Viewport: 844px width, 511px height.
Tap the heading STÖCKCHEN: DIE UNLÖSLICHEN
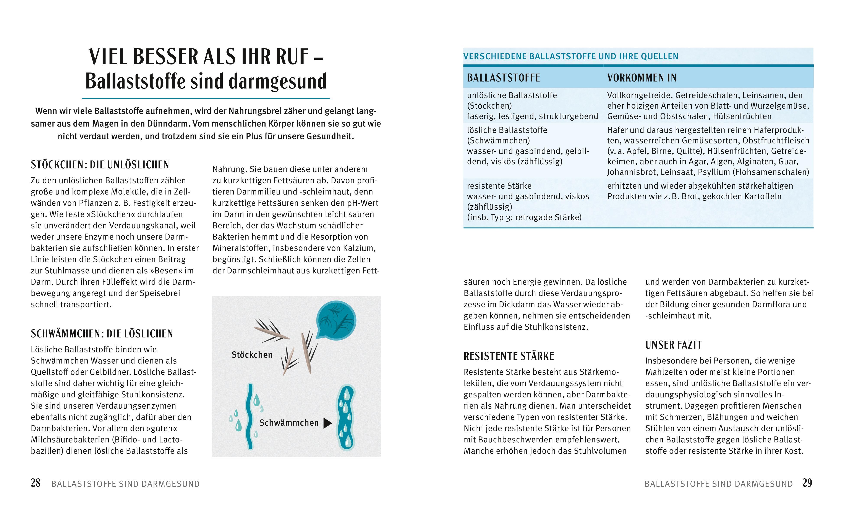100,165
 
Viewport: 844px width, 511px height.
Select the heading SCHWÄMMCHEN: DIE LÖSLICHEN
102,334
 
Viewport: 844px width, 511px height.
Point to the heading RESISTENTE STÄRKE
509,356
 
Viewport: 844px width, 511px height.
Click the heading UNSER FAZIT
673,345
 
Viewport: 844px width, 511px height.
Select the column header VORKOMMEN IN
642,78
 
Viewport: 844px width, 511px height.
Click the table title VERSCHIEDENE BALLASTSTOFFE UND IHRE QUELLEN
570,56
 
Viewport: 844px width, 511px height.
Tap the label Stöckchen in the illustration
252,355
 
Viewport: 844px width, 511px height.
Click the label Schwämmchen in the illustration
289,423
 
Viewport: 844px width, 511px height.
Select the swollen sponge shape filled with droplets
346,417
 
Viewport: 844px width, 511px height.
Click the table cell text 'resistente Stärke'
499,186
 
